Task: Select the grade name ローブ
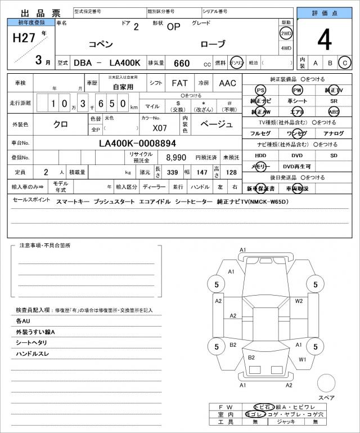click(213, 44)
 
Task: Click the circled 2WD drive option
click(286, 33)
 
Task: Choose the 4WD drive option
click(286, 48)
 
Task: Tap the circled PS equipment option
click(260, 90)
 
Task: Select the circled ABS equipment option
click(334, 111)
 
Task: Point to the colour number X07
click(159, 128)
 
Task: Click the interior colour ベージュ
click(216, 124)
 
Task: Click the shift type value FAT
click(179, 83)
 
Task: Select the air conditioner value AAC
click(227, 83)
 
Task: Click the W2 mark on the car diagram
click(299, 301)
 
